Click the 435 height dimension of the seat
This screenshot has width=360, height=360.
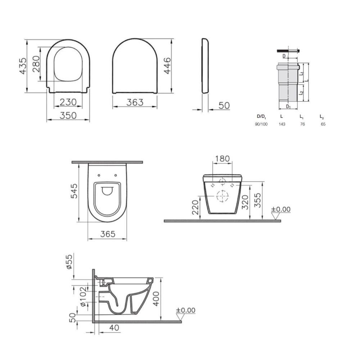pos(23,66)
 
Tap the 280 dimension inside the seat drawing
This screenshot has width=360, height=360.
pos(36,64)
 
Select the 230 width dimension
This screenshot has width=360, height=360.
pos(68,102)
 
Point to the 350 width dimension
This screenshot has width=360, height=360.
pos(68,116)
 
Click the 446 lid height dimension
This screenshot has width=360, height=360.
pos(167,66)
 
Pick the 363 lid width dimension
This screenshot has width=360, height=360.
pos(135,102)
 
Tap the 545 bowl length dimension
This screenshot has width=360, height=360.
pos(74,191)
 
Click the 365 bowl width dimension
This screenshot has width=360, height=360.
pos(108,234)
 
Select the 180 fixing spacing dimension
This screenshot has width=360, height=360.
pos(222,158)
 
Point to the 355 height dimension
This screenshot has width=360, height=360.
pos(258,200)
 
